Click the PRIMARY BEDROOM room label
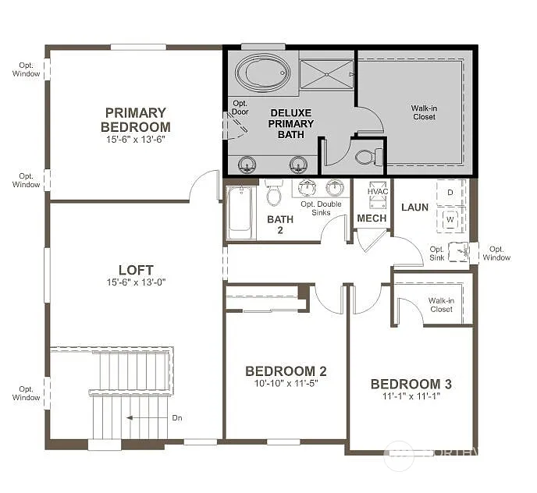(x=136, y=119)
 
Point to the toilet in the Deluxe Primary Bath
(x=366, y=158)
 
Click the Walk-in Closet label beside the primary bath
(x=423, y=112)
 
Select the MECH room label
(x=372, y=218)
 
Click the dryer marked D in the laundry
(x=450, y=192)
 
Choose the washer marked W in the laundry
(x=450, y=220)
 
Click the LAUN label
(x=414, y=207)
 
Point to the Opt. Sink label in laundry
(x=437, y=254)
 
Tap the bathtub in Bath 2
(x=240, y=211)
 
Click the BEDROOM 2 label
(x=286, y=371)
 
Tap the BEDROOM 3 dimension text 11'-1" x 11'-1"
(x=411, y=396)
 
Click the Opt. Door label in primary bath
(x=240, y=107)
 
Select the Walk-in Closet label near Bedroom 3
(x=441, y=304)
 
